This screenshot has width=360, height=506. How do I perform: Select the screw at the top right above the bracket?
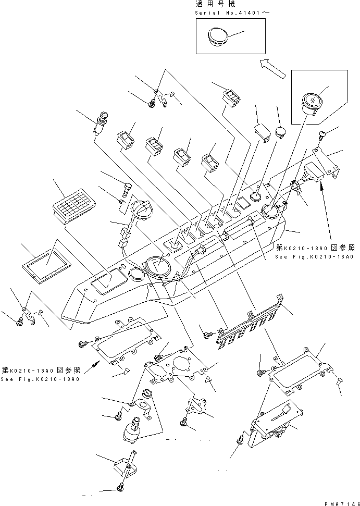(321, 137)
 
